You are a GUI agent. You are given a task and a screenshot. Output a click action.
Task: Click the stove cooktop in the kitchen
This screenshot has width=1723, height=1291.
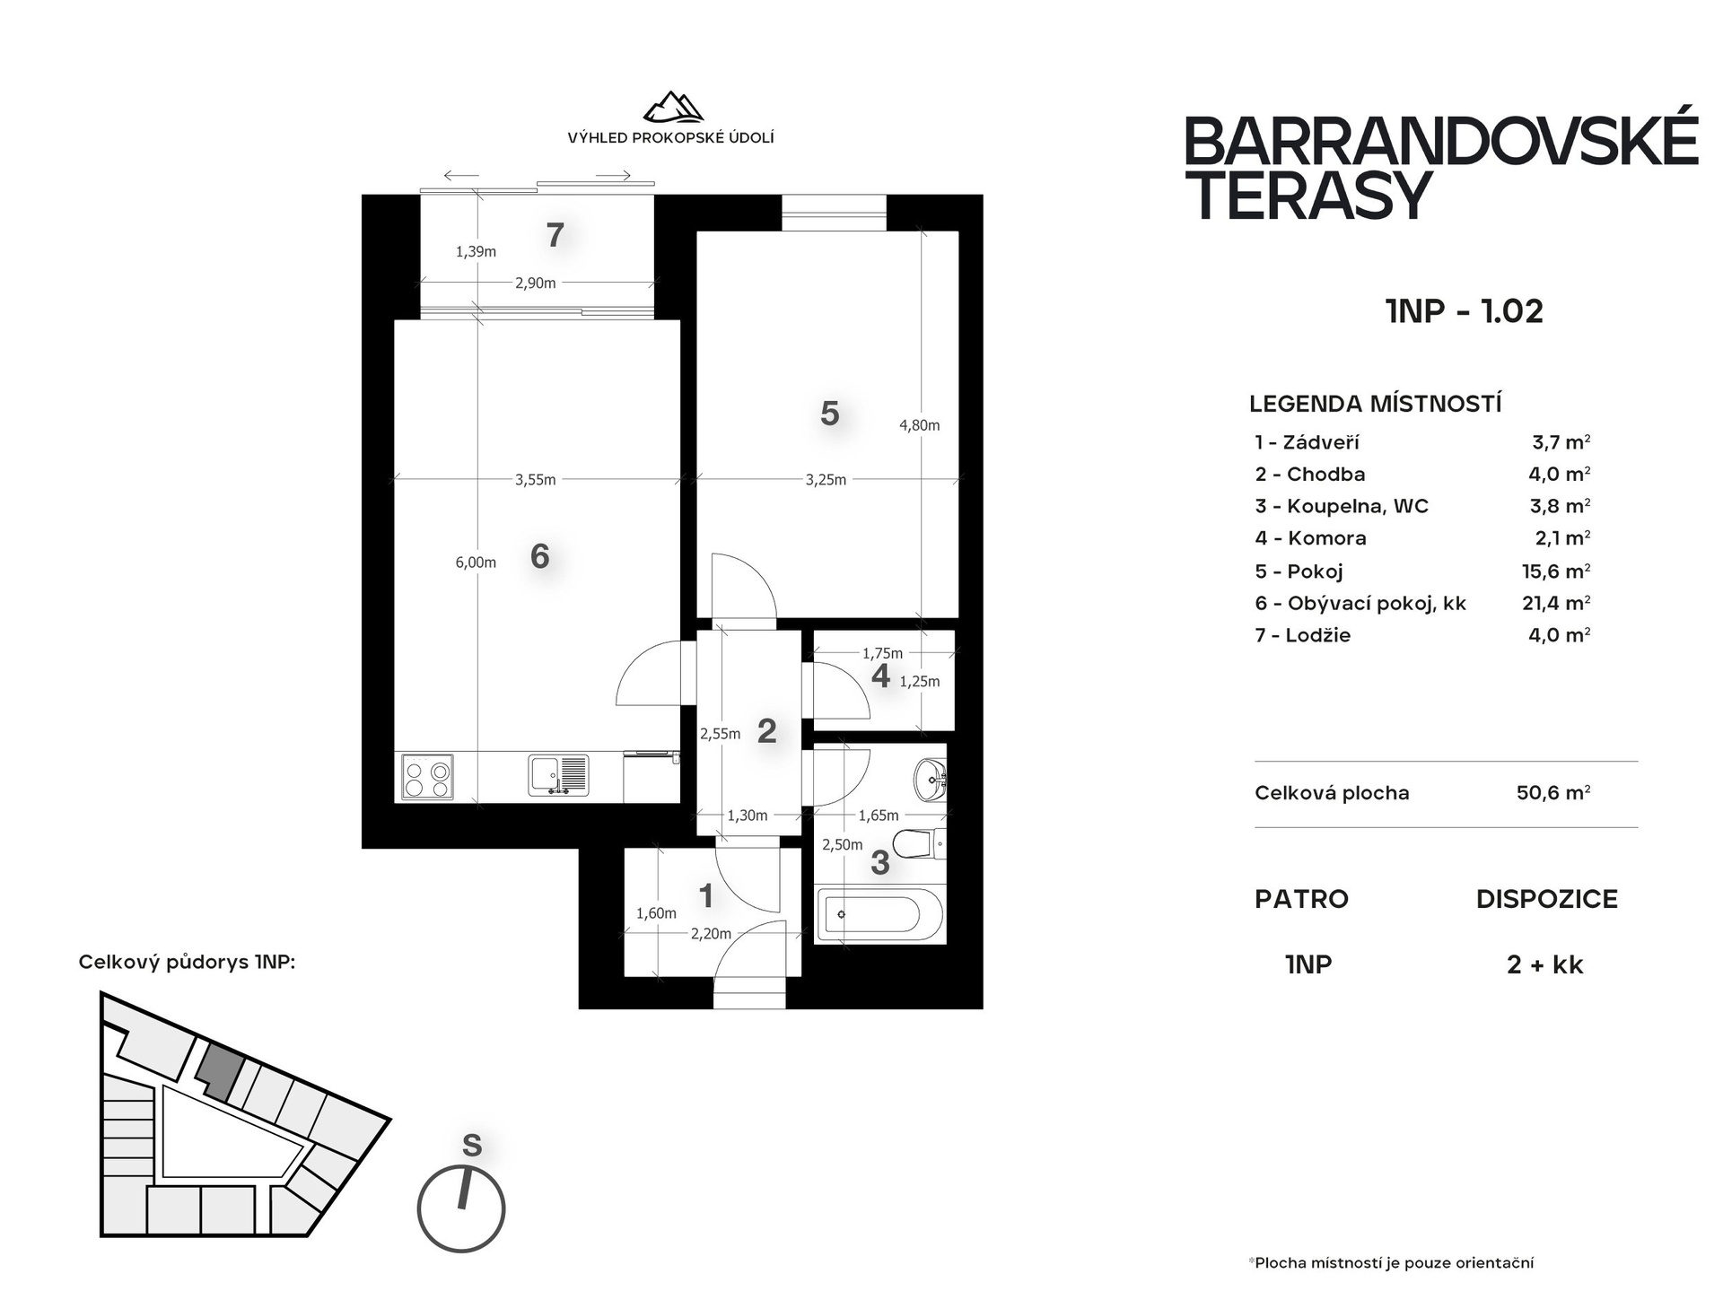pos(428,777)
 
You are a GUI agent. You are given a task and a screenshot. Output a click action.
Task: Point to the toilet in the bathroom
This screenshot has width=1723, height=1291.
pos(919,843)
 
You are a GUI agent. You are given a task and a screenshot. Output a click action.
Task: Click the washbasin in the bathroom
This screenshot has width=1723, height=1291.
pos(931,780)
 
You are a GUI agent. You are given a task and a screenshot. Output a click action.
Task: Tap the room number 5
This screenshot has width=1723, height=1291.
pos(830,414)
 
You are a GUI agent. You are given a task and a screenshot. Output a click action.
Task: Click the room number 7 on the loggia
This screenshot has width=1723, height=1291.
pos(555,235)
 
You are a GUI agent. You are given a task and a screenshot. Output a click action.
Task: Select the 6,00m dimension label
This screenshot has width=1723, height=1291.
pos(476,563)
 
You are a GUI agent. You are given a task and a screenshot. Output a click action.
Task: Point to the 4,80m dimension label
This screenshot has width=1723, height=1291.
pos(920,425)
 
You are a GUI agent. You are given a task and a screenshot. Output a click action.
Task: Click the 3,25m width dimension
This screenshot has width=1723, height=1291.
pos(826,480)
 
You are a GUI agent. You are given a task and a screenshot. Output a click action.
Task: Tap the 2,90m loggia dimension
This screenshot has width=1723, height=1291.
pos(536,283)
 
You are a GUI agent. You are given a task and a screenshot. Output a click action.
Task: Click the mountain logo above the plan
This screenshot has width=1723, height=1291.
pos(672,107)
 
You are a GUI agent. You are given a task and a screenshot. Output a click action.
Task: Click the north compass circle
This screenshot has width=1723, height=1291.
pos(461,1208)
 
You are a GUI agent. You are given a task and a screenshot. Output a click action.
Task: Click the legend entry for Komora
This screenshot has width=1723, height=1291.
pos(1311,538)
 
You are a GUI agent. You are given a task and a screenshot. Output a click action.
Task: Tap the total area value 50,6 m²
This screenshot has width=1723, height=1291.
pos(1553,793)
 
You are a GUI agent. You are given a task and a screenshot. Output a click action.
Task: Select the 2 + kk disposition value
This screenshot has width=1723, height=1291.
pos(1545,965)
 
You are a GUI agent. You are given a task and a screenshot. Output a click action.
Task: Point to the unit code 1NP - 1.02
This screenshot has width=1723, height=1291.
pos(1465,311)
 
